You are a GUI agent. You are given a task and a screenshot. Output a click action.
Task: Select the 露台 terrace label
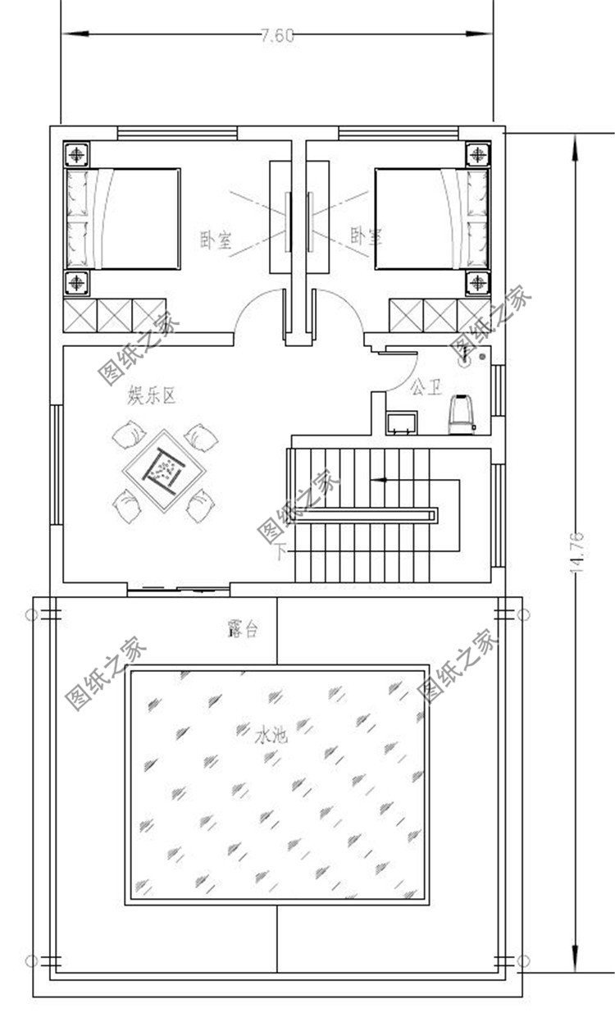[x=242, y=629]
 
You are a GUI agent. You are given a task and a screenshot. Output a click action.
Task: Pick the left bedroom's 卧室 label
[x=216, y=240]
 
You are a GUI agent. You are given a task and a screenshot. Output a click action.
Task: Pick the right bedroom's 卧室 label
[x=366, y=237]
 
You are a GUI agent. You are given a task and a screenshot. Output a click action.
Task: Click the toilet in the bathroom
[x=463, y=414]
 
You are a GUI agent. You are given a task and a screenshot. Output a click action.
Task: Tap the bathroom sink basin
[x=402, y=422]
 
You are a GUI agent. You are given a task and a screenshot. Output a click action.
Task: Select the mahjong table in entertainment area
[x=166, y=472]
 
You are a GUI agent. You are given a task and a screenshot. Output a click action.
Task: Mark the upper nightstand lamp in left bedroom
[x=77, y=153]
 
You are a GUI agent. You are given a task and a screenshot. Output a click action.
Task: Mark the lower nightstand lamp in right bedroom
[x=477, y=283]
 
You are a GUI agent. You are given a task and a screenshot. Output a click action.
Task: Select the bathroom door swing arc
[x=407, y=373]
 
